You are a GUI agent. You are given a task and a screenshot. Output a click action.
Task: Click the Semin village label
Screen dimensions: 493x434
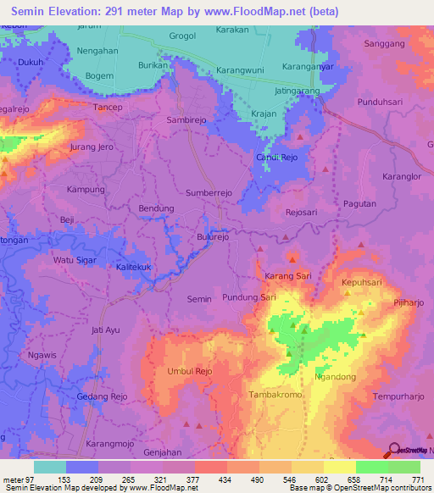click(x=198, y=299)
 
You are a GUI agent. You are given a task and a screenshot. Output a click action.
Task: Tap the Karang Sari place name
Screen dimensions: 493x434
click(x=288, y=276)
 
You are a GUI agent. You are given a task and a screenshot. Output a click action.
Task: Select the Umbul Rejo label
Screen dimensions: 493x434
click(x=190, y=372)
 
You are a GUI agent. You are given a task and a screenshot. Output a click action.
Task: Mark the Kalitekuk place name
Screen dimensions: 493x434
click(x=133, y=267)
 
